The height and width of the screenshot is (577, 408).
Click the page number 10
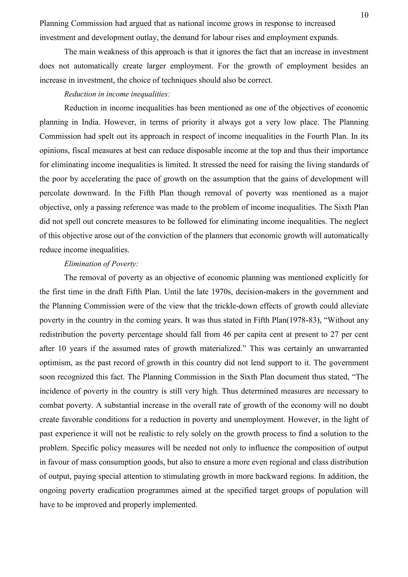pyautogui.click(x=364, y=15)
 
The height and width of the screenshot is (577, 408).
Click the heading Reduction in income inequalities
pyautogui.click(x=117, y=94)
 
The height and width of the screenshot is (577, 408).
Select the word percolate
pyautogui.click(x=54, y=193)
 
